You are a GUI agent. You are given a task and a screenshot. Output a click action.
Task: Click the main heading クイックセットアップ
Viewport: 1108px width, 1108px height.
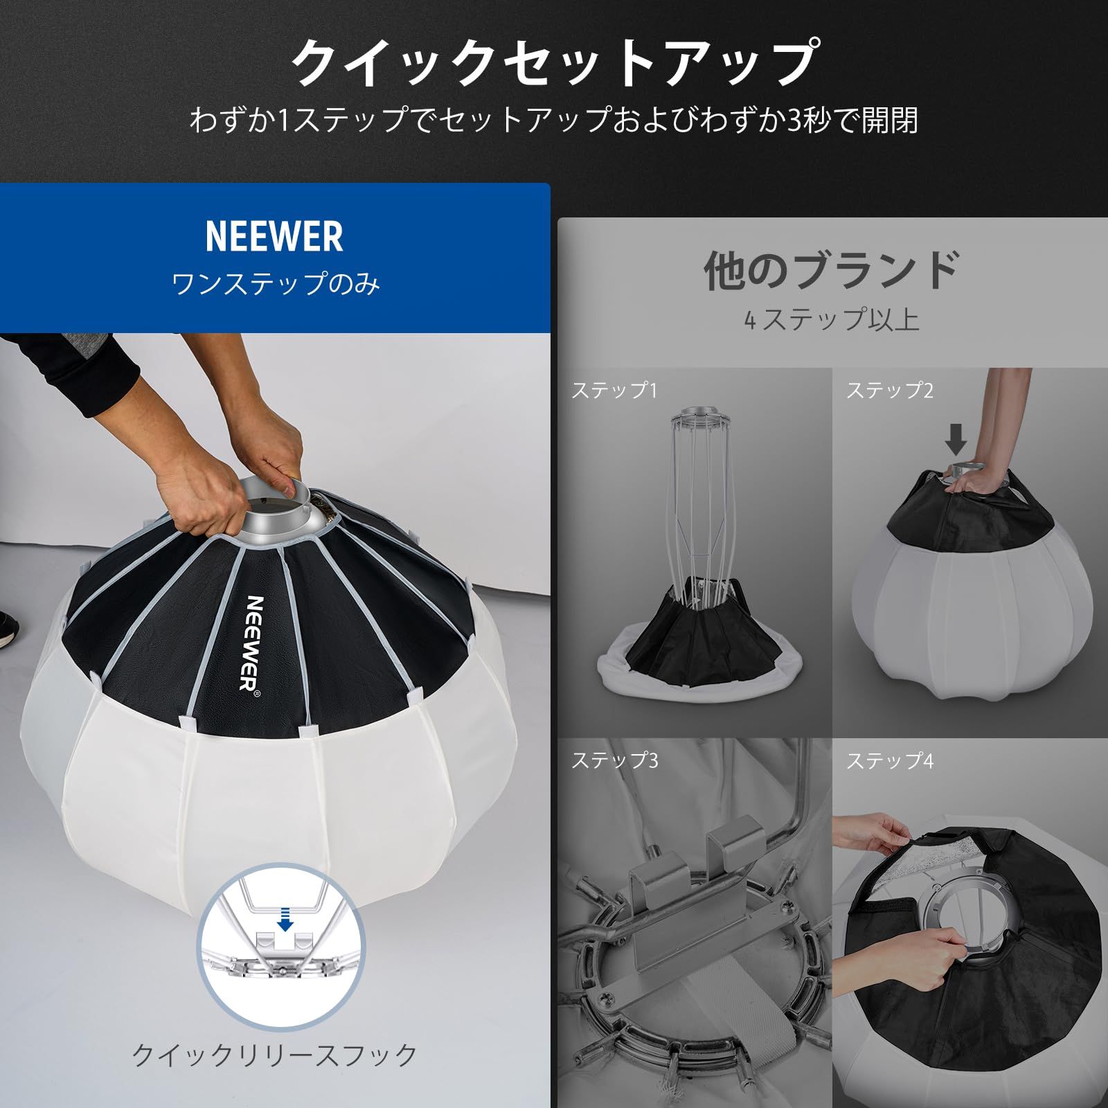tap(554, 64)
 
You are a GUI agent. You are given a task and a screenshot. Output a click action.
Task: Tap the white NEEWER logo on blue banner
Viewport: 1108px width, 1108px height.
tap(274, 237)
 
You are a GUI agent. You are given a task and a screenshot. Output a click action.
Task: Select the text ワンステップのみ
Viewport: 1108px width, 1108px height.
tap(275, 284)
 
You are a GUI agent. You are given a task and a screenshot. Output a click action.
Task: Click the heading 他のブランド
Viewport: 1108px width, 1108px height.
tap(831, 270)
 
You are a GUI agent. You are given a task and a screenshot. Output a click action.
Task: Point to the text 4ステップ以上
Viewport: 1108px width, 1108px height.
tap(831, 320)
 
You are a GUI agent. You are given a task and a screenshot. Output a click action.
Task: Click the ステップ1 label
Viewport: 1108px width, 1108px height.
tap(614, 391)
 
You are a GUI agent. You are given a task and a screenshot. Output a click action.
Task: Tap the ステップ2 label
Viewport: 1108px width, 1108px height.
tap(889, 391)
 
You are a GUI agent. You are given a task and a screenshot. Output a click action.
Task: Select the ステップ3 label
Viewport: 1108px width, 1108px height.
tap(614, 760)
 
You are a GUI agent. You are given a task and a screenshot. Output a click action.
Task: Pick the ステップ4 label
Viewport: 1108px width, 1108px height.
tap(889, 761)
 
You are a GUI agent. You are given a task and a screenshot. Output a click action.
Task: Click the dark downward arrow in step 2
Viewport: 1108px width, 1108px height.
tap(956, 438)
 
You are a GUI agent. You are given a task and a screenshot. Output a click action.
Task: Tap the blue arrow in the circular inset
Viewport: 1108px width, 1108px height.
tap(285, 920)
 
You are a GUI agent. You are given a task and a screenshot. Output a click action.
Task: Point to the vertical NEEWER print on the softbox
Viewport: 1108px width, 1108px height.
tap(253, 644)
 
